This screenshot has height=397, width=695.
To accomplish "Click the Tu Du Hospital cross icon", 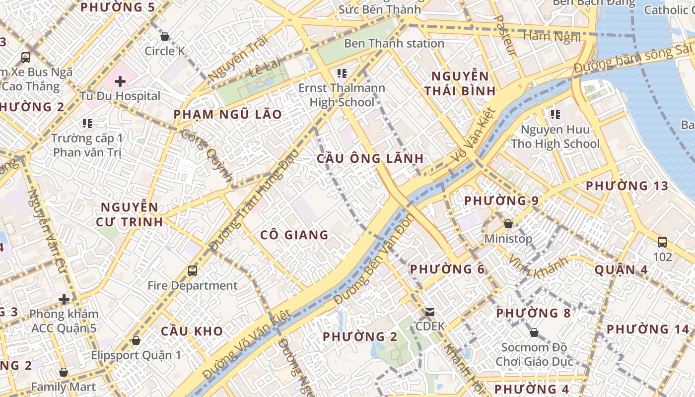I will click(120, 80).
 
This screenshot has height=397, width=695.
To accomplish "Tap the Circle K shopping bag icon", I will click(165, 36).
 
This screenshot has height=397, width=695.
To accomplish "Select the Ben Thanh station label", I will click(394, 43).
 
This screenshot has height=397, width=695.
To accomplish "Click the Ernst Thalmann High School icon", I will click(342, 74).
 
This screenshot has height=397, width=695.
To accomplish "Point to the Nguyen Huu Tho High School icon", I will click(555, 115).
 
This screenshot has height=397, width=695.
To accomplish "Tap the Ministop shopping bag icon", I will click(508, 224).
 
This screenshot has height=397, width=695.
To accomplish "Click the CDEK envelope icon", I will click(429, 312).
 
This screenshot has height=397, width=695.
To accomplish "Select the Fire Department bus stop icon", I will click(193, 271).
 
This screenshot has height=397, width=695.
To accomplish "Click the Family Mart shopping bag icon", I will click(63, 372).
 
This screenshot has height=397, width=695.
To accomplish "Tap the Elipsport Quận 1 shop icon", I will click(136, 341).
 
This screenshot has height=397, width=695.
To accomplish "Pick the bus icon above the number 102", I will click(662, 242).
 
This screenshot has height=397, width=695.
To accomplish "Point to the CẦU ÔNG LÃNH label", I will click(370, 159).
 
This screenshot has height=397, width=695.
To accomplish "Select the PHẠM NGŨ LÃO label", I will click(227, 115).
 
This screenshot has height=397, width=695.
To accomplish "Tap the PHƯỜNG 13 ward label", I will click(627, 186).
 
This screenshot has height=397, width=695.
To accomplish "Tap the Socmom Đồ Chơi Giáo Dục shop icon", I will click(534, 332).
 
